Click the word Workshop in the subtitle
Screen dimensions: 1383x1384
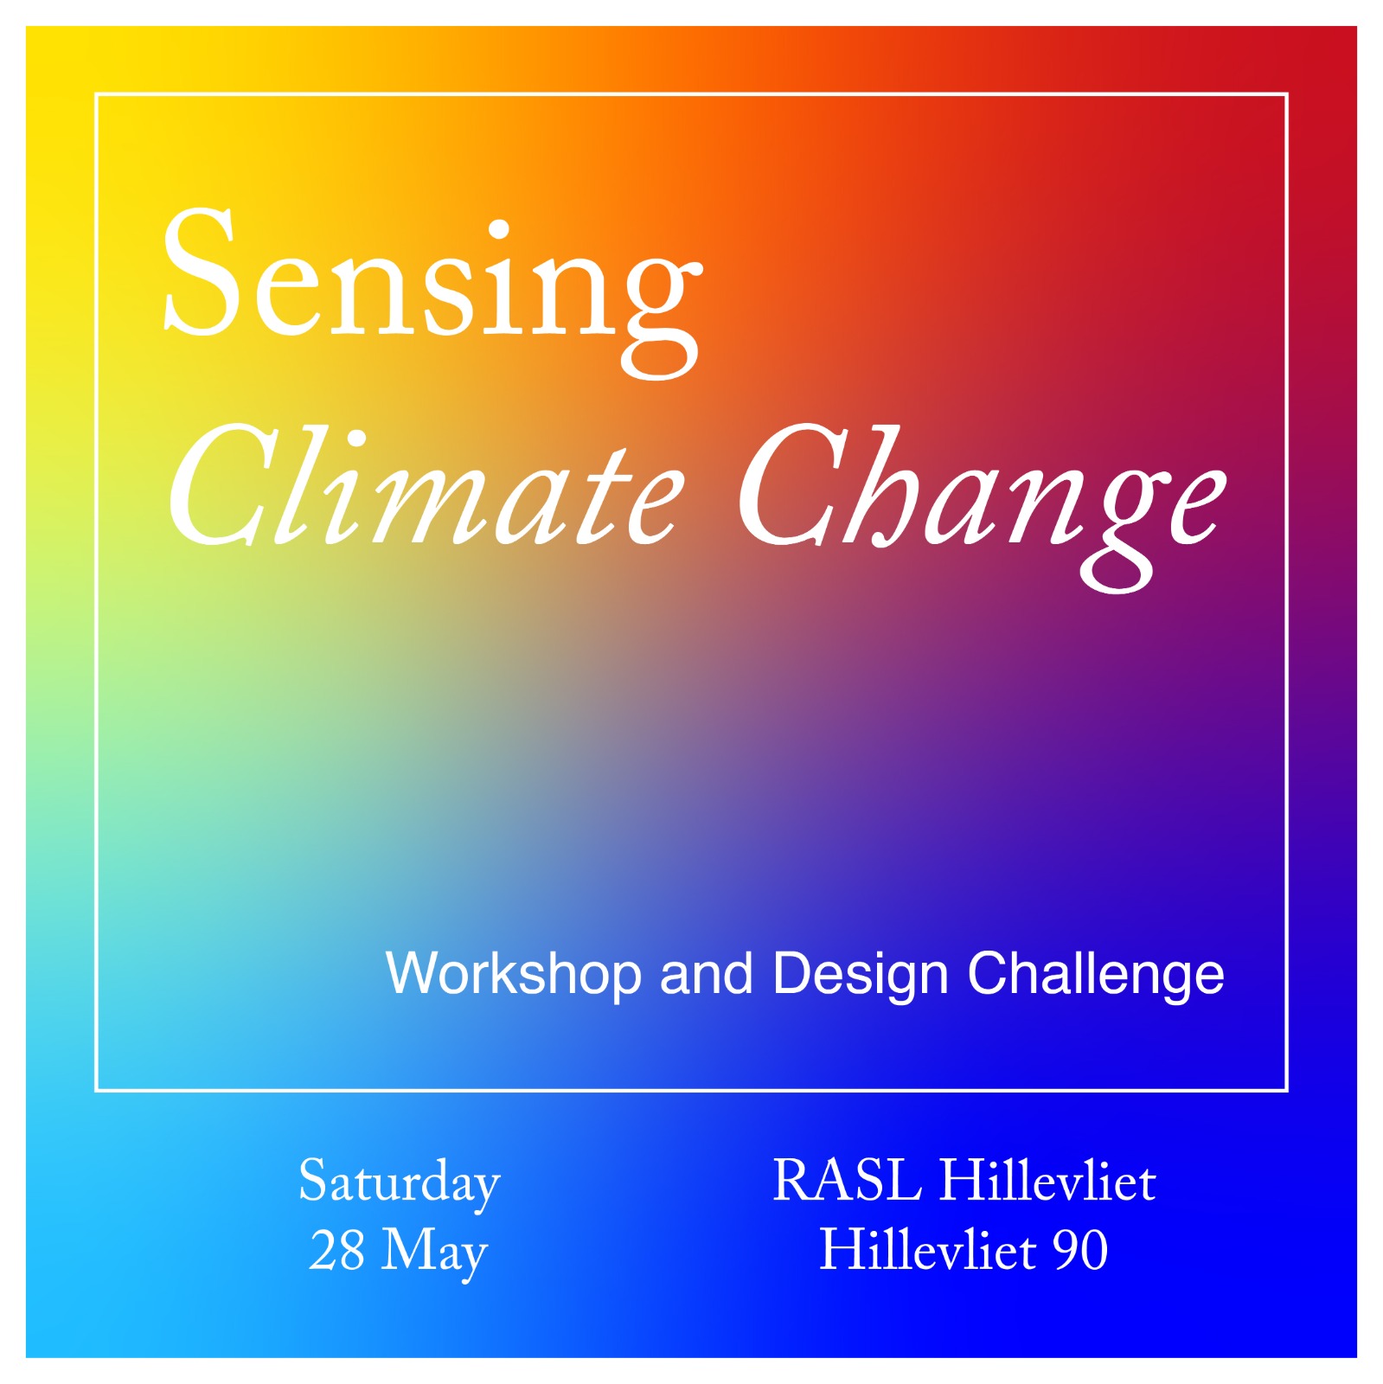[x=514, y=975]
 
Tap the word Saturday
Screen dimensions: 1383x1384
[x=400, y=1182]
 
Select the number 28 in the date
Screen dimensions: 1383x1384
[x=337, y=1250]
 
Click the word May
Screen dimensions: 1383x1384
[x=435, y=1253]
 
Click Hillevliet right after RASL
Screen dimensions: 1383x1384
[x=1047, y=1180]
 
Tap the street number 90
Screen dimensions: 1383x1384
[x=1080, y=1250]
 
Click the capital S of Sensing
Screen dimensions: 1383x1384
[x=201, y=272]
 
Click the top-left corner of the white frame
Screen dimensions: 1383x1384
[x=96, y=93]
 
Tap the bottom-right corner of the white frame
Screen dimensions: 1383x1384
[x=1287, y=1090]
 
